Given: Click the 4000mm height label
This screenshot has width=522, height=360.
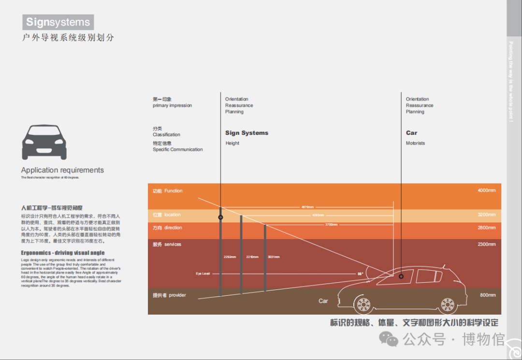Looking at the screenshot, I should point(486,190).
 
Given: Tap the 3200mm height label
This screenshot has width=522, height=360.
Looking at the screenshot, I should point(486,215).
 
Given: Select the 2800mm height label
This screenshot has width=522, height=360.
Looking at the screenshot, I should point(486,228).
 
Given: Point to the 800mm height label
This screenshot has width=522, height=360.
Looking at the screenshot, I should point(488,295).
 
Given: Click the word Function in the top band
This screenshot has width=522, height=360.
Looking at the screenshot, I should point(174,191).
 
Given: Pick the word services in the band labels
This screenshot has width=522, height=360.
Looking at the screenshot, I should point(173,245).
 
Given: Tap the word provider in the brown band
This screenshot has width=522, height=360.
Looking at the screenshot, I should point(177,295).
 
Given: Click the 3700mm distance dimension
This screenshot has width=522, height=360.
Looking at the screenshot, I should point(331,225).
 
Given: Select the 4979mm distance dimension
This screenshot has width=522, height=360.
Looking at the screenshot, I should point(307,207).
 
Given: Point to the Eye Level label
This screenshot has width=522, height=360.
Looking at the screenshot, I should point(203,274).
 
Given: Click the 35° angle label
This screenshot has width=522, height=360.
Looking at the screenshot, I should point(360,274).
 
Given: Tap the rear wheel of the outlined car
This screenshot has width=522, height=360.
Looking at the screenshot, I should point(447,304).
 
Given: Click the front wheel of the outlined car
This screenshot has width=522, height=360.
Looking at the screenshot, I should point(363,304).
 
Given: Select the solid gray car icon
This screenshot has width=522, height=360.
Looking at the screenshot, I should point(44,142).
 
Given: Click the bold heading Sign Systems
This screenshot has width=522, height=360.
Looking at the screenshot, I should point(246,133).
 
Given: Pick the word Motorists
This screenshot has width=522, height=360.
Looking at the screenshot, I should point(415,143).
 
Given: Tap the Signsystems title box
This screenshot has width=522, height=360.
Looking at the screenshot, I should point(58,22).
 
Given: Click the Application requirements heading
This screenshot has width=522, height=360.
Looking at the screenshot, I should point(62,170).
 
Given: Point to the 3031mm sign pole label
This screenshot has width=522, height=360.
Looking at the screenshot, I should point(274,257).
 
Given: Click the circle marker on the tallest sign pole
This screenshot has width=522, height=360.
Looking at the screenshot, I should point(220,217).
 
